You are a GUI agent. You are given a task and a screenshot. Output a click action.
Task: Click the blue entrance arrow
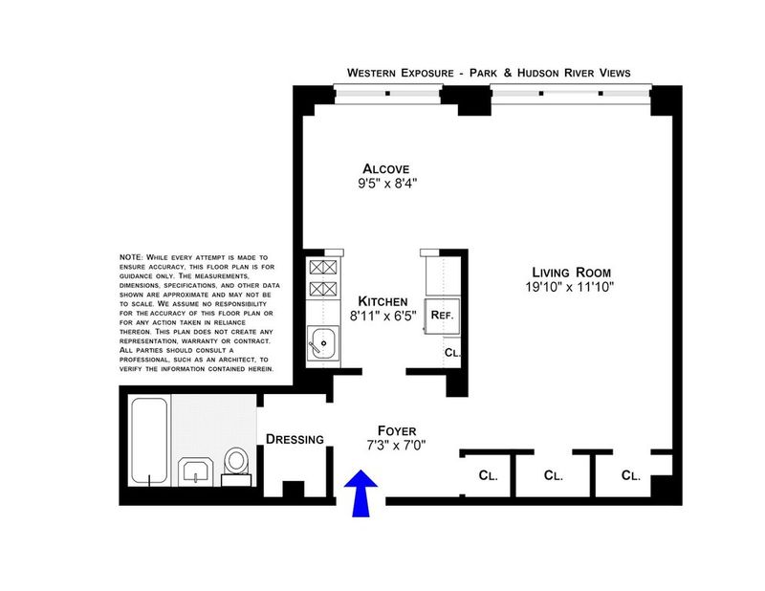pyautogui.click(x=361, y=492)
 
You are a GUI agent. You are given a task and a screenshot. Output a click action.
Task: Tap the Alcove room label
pyautogui.click(x=386, y=169)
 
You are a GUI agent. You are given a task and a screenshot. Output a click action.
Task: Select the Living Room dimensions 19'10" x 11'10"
pyautogui.click(x=569, y=287)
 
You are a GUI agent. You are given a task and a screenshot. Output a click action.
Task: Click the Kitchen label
pyautogui.click(x=382, y=301)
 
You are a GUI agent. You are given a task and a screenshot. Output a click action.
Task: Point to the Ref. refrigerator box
pyautogui.click(x=442, y=316)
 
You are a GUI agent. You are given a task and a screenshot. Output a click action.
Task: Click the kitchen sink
pyautogui.click(x=322, y=343)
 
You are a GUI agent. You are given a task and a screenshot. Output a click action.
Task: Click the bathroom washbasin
pyautogui.click(x=195, y=471)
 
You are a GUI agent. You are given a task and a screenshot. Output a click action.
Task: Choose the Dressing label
pyautogui.click(x=295, y=439)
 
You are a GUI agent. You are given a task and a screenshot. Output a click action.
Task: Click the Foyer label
pyautogui.click(x=397, y=431)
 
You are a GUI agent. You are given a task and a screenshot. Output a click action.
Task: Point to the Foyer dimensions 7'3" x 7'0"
pyautogui.click(x=396, y=445)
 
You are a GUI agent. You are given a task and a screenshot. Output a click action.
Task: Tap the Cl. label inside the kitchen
pyautogui.click(x=452, y=352)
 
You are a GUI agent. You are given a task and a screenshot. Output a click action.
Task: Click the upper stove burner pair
pyautogui.click(x=323, y=268)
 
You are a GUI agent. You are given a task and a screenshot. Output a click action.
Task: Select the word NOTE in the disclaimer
pyautogui.click(x=131, y=257)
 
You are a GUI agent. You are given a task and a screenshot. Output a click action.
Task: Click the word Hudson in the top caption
pyautogui.click(x=538, y=74)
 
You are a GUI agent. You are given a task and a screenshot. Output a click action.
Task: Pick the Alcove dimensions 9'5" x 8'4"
pyautogui.click(x=388, y=184)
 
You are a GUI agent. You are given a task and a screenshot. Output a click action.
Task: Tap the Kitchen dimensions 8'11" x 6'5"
pyautogui.click(x=383, y=316)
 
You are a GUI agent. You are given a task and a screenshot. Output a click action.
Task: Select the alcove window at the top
pyautogui.click(x=388, y=94)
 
